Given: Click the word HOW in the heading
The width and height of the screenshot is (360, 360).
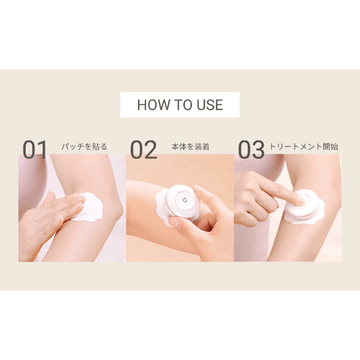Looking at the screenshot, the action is [153, 105].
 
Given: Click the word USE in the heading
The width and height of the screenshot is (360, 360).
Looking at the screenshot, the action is [210, 105].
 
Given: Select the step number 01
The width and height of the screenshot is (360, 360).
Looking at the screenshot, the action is [35, 150].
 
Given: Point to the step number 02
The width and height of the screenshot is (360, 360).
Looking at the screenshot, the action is [144, 150].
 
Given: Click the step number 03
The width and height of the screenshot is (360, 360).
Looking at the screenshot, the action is [251, 150].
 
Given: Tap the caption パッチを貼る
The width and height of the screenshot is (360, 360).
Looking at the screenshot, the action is [84, 147].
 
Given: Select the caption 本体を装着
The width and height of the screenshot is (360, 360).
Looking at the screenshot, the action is [190, 147].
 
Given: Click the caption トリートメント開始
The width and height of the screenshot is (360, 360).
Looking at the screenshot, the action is [303, 147].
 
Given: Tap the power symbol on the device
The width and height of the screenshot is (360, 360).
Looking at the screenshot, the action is [184, 200].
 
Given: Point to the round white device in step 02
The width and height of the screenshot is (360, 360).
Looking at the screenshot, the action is [183, 201].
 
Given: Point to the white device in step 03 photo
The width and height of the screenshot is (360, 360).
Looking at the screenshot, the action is [303, 206].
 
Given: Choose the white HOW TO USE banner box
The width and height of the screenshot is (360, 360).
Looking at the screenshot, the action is [180, 105].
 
